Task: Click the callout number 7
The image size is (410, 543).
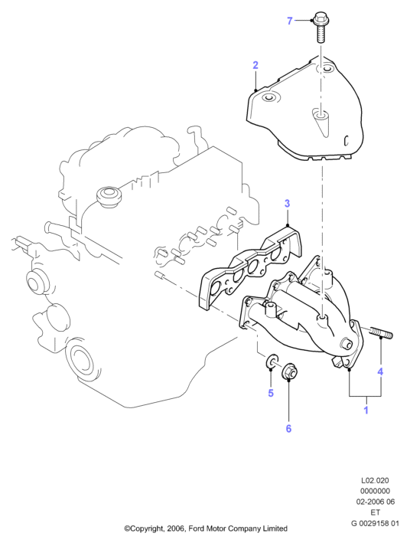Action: point(290,21)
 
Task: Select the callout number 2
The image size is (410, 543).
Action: point(255,65)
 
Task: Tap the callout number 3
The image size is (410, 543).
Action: point(287,203)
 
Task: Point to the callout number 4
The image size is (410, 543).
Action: point(380,371)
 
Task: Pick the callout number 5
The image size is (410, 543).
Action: point(271,393)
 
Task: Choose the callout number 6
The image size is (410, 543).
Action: point(288,428)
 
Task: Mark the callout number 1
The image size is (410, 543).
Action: point(366,410)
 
